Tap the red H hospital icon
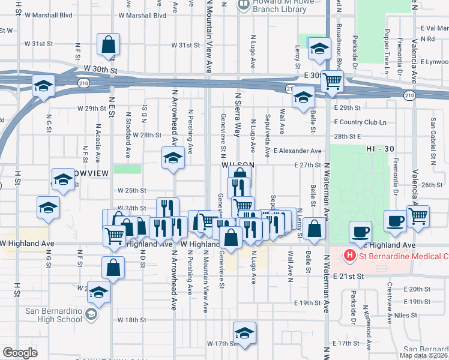(348, 257)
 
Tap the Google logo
(20, 353)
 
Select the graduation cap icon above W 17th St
(244, 332)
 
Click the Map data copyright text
(423, 355)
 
